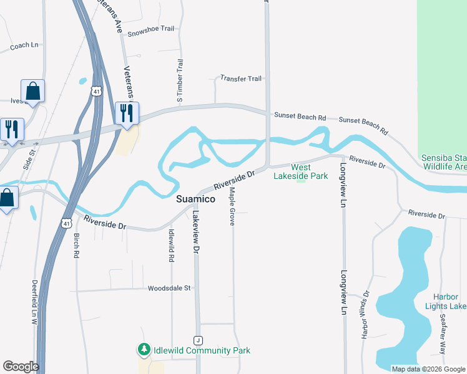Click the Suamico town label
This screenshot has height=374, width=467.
[x=195, y=199]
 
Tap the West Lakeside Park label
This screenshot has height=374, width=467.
[x=301, y=171]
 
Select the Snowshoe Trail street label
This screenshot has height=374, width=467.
[x=150, y=34]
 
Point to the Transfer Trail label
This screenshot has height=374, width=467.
[x=241, y=79]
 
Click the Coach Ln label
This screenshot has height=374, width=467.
[x=24, y=45]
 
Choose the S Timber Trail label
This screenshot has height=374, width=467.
[x=180, y=81]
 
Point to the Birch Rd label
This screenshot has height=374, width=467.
[x=76, y=246]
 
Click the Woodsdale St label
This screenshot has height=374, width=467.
[x=169, y=288]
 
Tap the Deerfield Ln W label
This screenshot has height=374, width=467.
[x=35, y=302]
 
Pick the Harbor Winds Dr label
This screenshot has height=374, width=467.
[x=365, y=315]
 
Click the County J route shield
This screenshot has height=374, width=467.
[x=199, y=340]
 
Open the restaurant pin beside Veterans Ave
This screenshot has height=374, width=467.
[x=127, y=113]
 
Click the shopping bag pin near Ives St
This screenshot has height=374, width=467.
[x=32, y=91]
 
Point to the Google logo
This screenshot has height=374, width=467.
[x=21, y=367]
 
